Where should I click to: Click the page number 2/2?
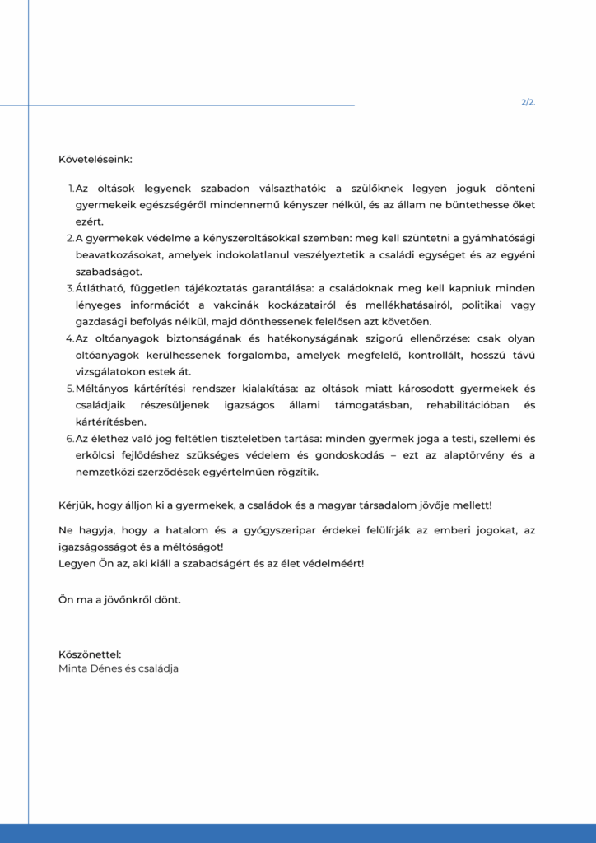pos(528,103)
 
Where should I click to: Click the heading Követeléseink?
pos(95,158)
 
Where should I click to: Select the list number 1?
pos(71,189)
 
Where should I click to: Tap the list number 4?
pos(70,338)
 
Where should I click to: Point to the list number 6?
pos(70,438)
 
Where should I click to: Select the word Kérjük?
pos(76,505)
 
